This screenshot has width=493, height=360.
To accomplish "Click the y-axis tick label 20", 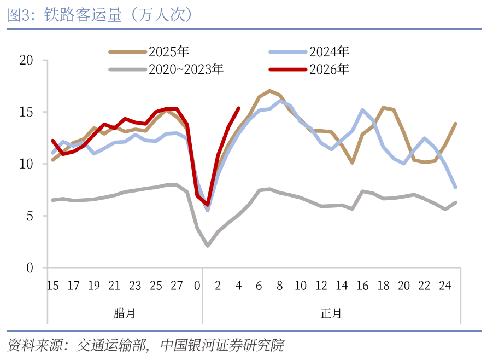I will click(x=25, y=60).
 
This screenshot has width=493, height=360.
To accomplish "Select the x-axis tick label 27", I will click(x=177, y=286).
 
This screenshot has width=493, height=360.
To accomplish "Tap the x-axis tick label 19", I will click(x=94, y=286).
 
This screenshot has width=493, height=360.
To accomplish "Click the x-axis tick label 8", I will click(x=280, y=286).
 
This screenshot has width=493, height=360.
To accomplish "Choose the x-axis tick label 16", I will click(x=362, y=286).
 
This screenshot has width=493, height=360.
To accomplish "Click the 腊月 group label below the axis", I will click(x=125, y=313).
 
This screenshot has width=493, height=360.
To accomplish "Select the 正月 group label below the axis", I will click(x=331, y=313).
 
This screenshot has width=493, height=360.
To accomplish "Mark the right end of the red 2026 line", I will click(x=239, y=108).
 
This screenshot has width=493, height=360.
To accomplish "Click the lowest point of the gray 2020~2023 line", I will click(x=208, y=246).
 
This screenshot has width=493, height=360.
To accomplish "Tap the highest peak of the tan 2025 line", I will click(x=270, y=91).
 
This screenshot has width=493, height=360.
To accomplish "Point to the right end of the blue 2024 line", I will click(x=455, y=187).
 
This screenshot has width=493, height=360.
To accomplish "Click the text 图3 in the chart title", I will click(x=17, y=15).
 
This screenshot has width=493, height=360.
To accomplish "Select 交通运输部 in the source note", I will click(x=111, y=345).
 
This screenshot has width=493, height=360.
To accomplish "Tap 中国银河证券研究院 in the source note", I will click(x=222, y=345).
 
